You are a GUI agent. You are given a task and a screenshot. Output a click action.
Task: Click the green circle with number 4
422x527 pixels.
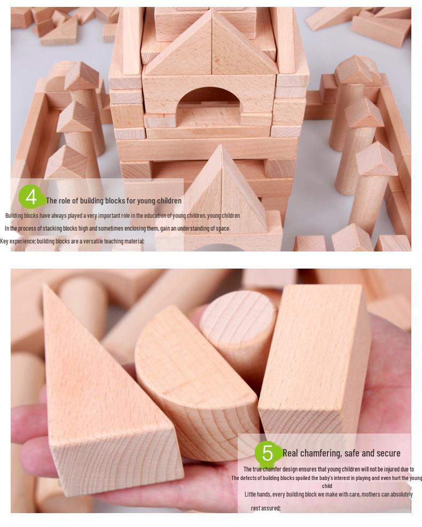[x=32, y=197]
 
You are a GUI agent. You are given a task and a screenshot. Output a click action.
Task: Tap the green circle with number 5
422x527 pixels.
[x=267, y=453]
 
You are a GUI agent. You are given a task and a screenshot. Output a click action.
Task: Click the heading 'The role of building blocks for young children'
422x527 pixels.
[x=114, y=201]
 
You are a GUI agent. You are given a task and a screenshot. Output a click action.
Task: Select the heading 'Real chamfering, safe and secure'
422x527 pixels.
[x=341, y=453]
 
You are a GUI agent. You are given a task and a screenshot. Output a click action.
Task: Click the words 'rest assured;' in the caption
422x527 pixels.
[x=265, y=508]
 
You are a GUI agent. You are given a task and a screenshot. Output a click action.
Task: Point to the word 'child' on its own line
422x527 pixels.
[x=327, y=486]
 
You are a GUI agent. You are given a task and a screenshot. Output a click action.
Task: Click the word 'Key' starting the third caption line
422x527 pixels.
[x=4, y=241]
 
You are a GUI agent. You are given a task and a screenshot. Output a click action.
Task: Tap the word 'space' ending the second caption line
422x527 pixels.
[x=222, y=229]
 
